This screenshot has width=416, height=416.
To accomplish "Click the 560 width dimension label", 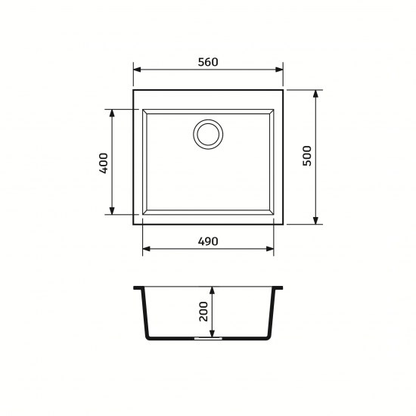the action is coord(208,62).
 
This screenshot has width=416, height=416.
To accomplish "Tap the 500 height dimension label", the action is coord(307,156).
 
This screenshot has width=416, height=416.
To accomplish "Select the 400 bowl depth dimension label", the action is coord(104,163).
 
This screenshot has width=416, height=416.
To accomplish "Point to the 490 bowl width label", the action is coord(208,241).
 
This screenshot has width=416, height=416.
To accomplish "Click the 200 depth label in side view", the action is coord(203,312).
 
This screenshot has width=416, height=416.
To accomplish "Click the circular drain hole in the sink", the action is coord(208,134).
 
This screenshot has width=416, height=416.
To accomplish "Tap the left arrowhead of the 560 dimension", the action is coord(137,70).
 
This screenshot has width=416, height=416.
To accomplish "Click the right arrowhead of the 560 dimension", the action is coord(279,70).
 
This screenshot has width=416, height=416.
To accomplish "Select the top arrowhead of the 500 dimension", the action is coord(315,94).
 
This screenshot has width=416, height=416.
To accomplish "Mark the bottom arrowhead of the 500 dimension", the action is coord(315,220).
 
